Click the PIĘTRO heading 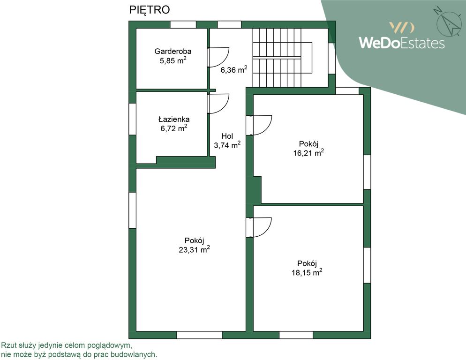149,10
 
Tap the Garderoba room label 173,51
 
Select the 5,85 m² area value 173,60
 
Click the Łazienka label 174,119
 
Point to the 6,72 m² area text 174,128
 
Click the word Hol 227,136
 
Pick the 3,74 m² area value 227,145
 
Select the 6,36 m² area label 233,70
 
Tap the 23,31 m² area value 194,249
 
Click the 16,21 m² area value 308,153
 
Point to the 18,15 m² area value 307,272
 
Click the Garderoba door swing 218,57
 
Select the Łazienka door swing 218,104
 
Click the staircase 283,58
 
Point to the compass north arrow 449,22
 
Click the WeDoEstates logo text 402,43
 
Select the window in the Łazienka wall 132,119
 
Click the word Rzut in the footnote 8,345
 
